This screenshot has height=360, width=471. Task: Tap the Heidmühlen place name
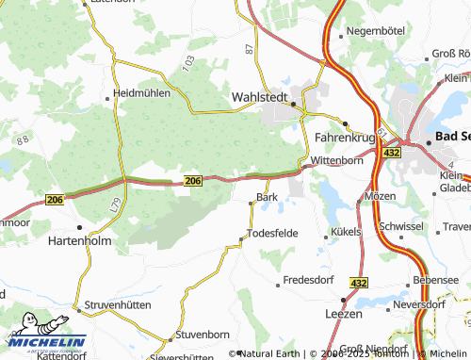pyautogui.click(x=141, y=93)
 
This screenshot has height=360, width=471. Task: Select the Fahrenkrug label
pyautogui.click(x=344, y=136)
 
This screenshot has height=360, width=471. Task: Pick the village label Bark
pyautogui.click(x=268, y=198)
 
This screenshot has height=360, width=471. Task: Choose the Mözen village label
pyautogui.click(x=380, y=196)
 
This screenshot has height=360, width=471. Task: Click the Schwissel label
pyautogui.click(x=399, y=227)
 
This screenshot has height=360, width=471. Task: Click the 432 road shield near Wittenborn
pyautogui.click(x=392, y=152)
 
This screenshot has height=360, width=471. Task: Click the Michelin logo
pyautogui.click(x=44, y=341)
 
